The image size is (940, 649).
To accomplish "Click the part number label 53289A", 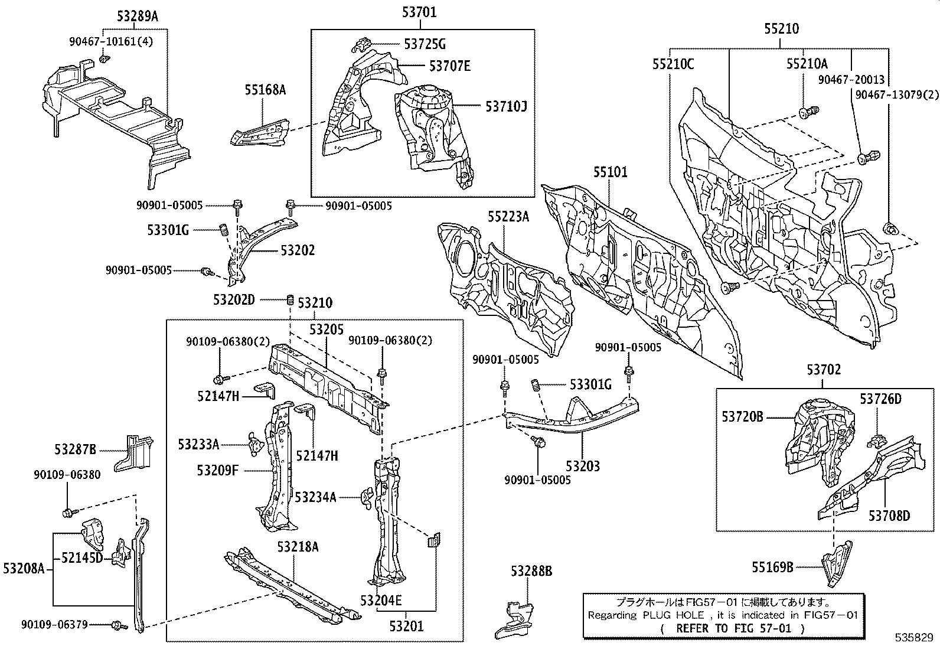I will point(138,16).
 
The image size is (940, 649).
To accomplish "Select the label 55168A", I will point(266,89).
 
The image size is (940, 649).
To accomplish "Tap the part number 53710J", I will point(506,106).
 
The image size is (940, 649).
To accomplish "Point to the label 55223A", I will point(508,217).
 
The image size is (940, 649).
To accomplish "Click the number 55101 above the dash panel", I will point(611,172).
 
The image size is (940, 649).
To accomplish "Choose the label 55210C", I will point(673,64).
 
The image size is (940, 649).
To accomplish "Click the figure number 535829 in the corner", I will point(913,638).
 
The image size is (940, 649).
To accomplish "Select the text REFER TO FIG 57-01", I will point(732,628).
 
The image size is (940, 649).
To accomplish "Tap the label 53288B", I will point(531,571).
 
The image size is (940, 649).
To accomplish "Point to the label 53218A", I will point(298,547).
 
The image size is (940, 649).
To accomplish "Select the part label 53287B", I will point(75,449).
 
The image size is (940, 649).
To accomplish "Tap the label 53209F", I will point(218,470).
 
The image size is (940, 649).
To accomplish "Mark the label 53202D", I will point(234,300).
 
